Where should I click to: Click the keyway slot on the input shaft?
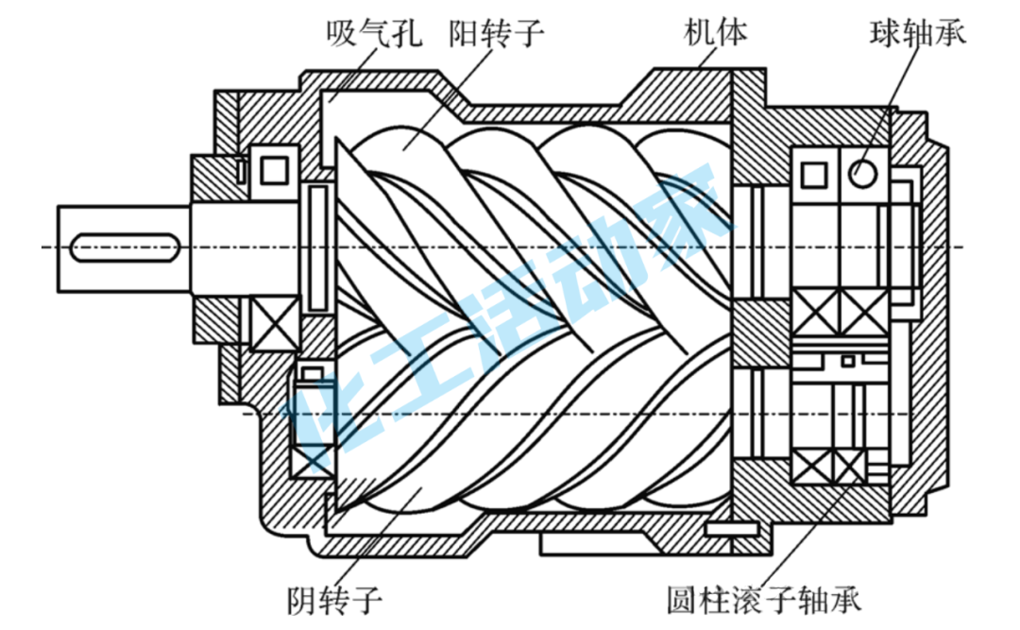coord(124,248)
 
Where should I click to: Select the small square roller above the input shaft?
coord(274,168)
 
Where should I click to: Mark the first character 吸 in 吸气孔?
coord(341,35)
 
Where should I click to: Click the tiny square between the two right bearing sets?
coord(848,360)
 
